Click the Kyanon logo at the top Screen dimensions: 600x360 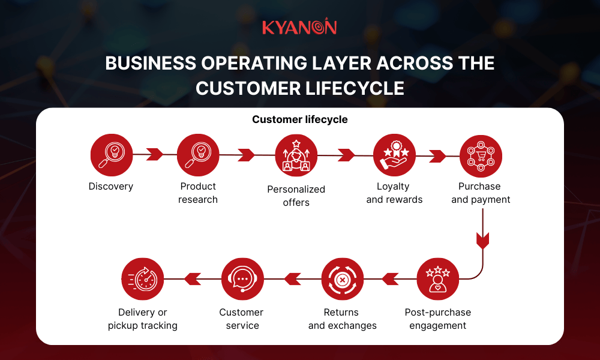[x=299, y=28]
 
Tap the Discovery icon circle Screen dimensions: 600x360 [x=111, y=155]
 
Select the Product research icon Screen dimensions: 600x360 [x=198, y=155]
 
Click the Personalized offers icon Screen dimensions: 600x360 [x=296, y=155]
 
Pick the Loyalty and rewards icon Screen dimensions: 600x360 [x=394, y=155]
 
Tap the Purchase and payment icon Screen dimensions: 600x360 [x=481, y=155]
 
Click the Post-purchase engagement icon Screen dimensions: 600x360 [x=437, y=279]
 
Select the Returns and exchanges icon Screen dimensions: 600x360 [x=342, y=279]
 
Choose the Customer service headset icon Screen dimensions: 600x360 [x=242, y=279]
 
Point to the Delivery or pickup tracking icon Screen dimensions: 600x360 [x=143, y=279]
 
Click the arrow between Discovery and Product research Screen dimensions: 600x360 [x=155, y=154]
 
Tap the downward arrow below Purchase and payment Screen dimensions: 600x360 [x=482, y=240]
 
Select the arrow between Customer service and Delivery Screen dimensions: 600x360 [x=193, y=279]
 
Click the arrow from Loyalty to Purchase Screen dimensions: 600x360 [x=437, y=155]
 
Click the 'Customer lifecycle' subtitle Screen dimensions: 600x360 [x=299, y=119]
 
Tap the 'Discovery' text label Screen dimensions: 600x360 [x=111, y=187]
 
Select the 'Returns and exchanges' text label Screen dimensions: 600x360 [x=342, y=319]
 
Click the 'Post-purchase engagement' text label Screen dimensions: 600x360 [x=437, y=319]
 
